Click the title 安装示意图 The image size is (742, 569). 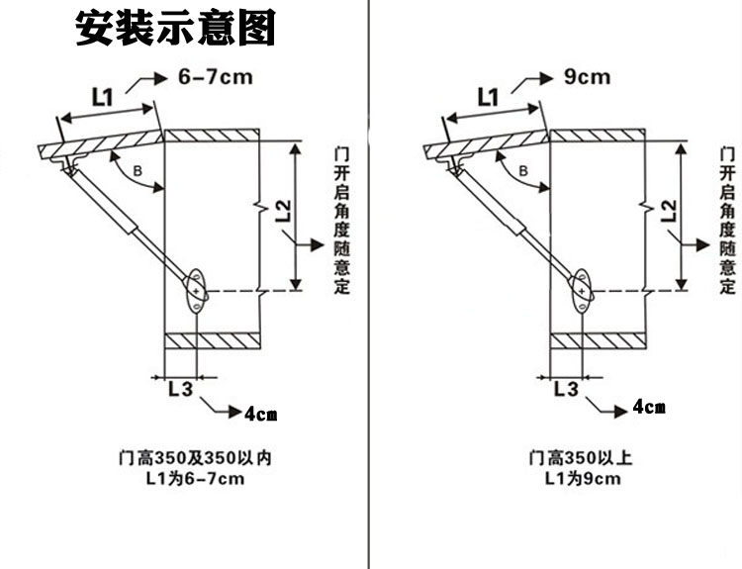click(175, 29)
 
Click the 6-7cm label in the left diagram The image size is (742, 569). click(216, 77)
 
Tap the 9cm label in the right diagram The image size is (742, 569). click(587, 77)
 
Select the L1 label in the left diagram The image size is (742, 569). click(102, 97)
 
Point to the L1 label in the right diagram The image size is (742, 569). click(488, 97)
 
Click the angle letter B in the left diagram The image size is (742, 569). click(138, 170)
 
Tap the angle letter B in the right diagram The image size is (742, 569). click(523, 170)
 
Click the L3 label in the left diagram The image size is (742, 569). click(181, 389)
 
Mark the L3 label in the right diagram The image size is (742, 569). click(567, 389)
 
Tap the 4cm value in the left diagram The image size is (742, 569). click(261, 414)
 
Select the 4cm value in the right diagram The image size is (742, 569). click(649, 407)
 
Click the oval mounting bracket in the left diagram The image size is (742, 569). click(197, 291)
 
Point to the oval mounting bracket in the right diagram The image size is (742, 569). click(582, 291)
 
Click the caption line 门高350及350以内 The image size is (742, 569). click(195, 458)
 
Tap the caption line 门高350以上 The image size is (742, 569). click(580, 458)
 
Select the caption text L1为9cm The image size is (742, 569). click(583, 479)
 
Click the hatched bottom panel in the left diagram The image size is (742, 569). click(213, 341)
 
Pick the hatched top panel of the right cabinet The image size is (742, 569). click(599, 136)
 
